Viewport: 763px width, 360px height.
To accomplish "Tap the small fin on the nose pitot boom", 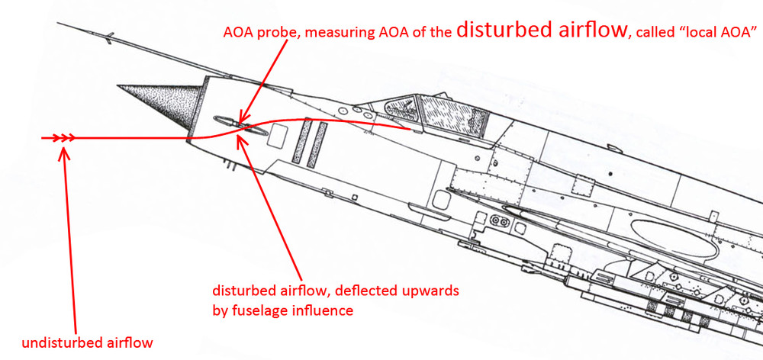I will coord(111,36).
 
